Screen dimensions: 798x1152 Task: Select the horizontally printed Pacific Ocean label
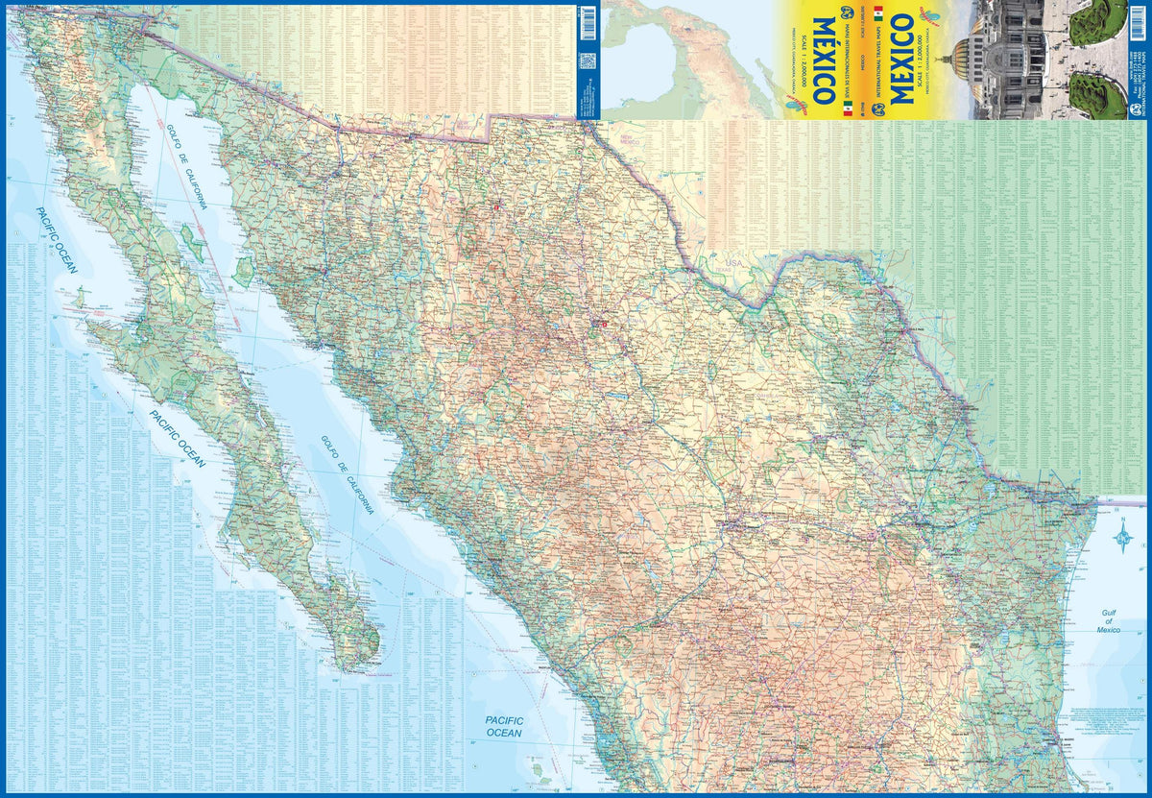coord(502,726)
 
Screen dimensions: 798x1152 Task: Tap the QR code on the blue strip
coord(588,60)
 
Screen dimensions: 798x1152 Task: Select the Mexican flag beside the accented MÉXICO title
coord(848,111)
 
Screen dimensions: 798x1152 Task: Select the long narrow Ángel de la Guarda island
coord(191,236)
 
